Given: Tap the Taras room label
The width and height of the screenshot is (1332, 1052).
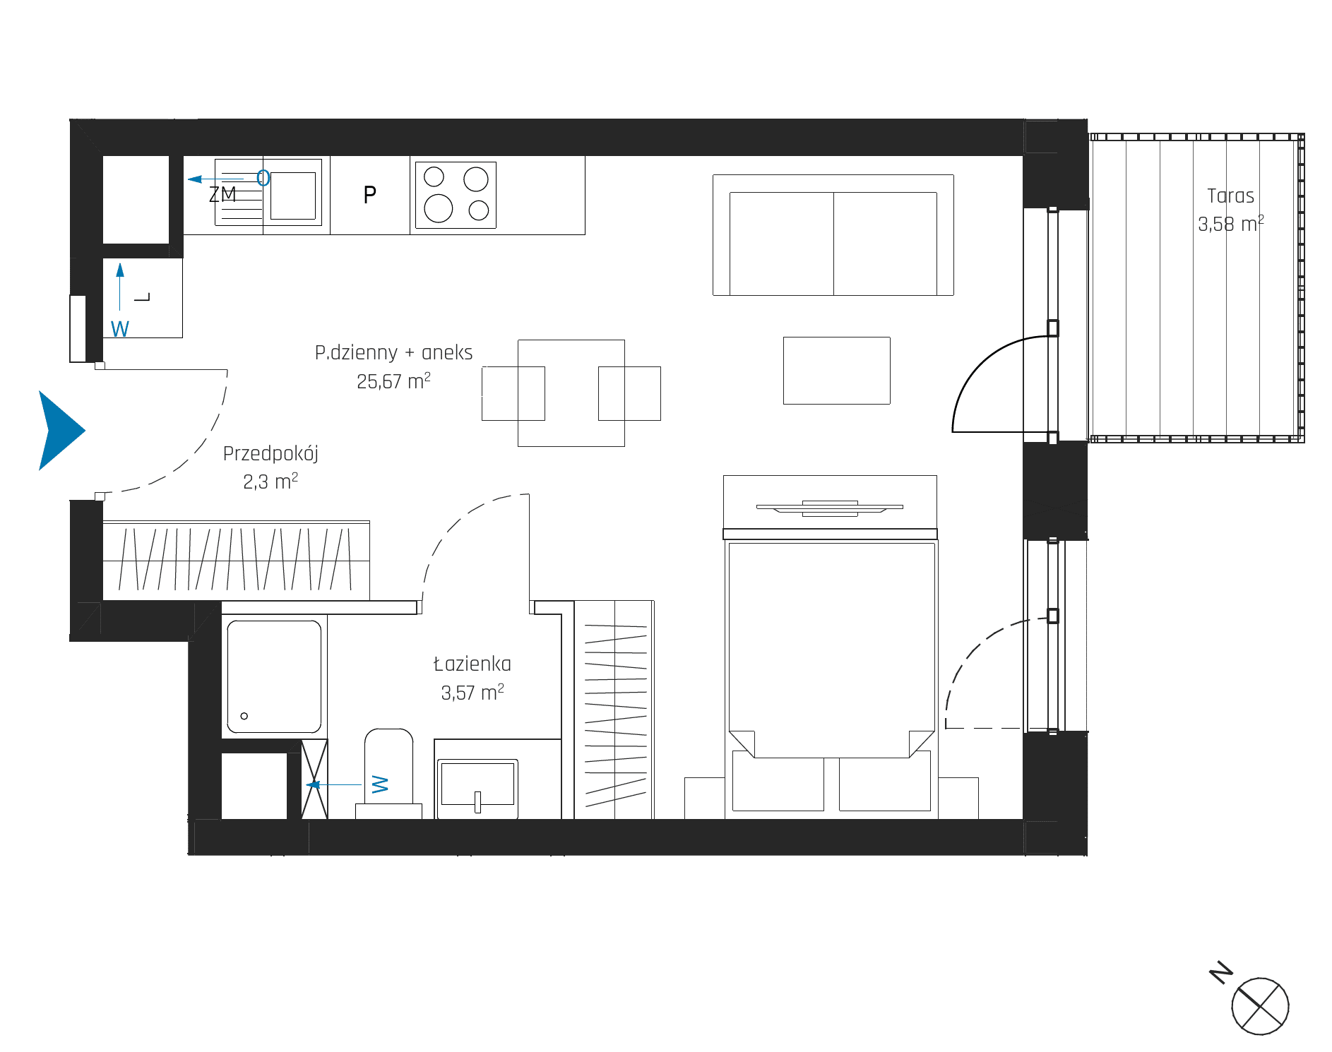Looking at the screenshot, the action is pyautogui.click(x=1230, y=196).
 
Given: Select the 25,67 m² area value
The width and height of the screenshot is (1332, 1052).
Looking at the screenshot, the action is pyautogui.click(x=393, y=381).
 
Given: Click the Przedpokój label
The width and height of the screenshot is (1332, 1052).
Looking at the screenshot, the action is pyautogui.click(x=270, y=454).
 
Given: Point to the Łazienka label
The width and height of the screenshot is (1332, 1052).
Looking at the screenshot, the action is pyautogui.click(x=472, y=664).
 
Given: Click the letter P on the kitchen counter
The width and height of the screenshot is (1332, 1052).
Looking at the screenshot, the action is pyautogui.click(x=369, y=194).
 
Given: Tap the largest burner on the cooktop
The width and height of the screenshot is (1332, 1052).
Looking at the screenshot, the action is pyautogui.click(x=439, y=208).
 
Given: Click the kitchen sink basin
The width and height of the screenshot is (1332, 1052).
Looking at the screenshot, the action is pyautogui.click(x=293, y=196).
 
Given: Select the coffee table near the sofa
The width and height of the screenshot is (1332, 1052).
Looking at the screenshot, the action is pyautogui.click(x=836, y=371).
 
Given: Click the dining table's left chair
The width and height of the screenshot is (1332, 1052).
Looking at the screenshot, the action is pyautogui.click(x=513, y=393).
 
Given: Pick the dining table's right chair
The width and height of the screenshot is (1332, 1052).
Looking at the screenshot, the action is pyautogui.click(x=629, y=393).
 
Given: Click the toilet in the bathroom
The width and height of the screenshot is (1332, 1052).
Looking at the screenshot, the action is pyautogui.click(x=388, y=774).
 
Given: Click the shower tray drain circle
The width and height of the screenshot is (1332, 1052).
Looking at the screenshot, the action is pyautogui.click(x=244, y=716).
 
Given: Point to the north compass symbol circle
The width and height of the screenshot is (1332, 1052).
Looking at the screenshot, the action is pyautogui.click(x=1260, y=1006).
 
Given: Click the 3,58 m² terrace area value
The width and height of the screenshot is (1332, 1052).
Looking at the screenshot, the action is pyautogui.click(x=1230, y=224).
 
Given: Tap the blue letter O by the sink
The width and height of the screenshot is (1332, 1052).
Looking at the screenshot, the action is pyautogui.click(x=263, y=178).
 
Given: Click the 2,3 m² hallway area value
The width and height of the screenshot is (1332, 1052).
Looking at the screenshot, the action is pyautogui.click(x=270, y=482).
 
